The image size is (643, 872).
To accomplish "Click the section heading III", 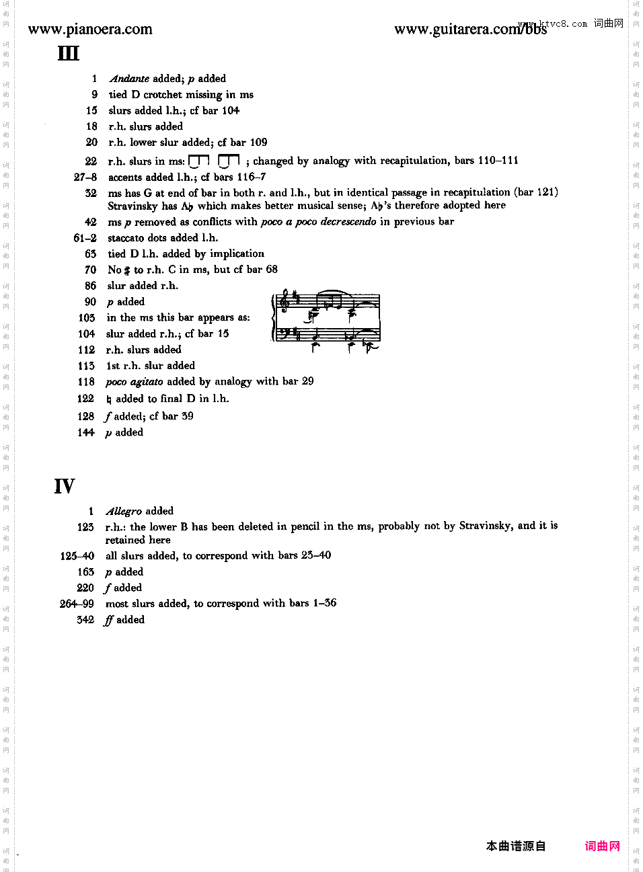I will pyautogui.click(x=68, y=53).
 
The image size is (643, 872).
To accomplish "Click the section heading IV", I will pyautogui.click(x=65, y=486).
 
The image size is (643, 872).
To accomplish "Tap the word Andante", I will pyautogui.click(x=129, y=79).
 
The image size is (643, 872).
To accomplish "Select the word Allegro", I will pyautogui.click(x=124, y=511).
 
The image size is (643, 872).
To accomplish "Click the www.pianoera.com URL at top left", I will pyautogui.click(x=90, y=29).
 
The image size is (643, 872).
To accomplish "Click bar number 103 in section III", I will pyautogui.click(x=87, y=317).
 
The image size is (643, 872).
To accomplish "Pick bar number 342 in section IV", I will pyautogui.click(x=85, y=620).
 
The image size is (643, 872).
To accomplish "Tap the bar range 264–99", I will pyautogui.click(x=77, y=604).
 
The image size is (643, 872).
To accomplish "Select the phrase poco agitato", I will pyautogui.click(x=134, y=382).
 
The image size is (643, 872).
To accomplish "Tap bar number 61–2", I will pyautogui.click(x=85, y=238).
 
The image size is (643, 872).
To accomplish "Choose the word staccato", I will pyautogui.click(x=128, y=238).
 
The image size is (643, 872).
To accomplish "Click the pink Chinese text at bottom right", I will pyautogui.click(x=602, y=846).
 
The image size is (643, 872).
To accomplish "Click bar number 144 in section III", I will pyautogui.click(x=86, y=432).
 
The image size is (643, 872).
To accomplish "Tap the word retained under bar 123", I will pyautogui.click(x=122, y=540).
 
